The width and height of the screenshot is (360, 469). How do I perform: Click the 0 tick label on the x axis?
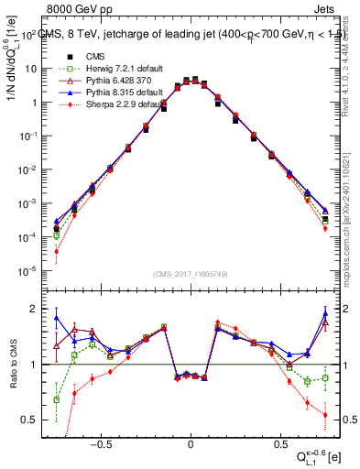190,441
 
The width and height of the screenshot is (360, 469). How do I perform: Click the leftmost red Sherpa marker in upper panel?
57,252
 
